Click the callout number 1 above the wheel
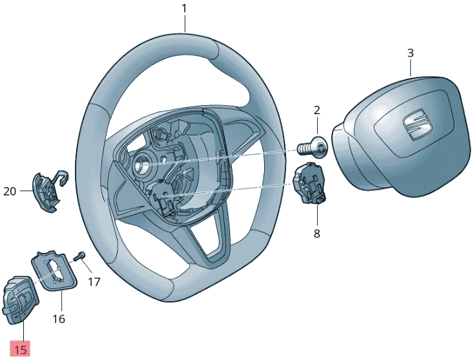pyautogui.click(x=184, y=8)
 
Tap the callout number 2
pyautogui.click(x=316, y=110)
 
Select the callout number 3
pyautogui.click(x=410, y=53)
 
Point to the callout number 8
pyautogui.click(x=316, y=234)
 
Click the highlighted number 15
pyautogui.click(x=21, y=350)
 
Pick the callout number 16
pyautogui.click(x=59, y=319)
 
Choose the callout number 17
pyautogui.click(x=94, y=281)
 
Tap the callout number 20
pyautogui.click(x=10, y=191)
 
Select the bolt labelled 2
pyautogui.click(x=313, y=147)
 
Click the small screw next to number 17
pyautogui.click(x=80, y=257)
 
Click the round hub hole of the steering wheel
pyautogui.click(x=141, y=164)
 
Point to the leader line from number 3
pyautogui.click(x=409, y=68)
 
